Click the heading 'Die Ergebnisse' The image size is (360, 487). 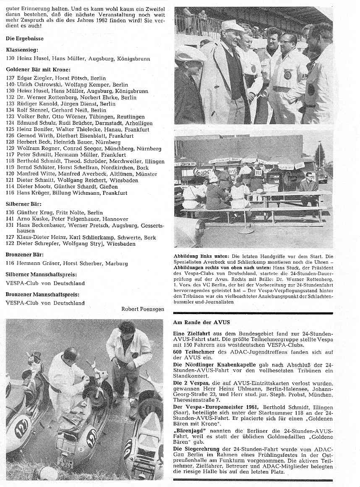tap(25, 39)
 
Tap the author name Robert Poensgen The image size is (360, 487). tap(143, 309)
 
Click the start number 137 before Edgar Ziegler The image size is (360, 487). tap(10, 78)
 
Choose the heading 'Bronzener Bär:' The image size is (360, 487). tap(25, 254)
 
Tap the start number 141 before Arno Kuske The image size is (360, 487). tap(10, 219)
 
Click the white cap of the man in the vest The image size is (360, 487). tap(232, 26)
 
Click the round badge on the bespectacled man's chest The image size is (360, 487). tap(287, 75)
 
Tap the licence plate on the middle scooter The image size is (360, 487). tap(66, 463)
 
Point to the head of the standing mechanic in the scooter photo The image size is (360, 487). tap(126, 328)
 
